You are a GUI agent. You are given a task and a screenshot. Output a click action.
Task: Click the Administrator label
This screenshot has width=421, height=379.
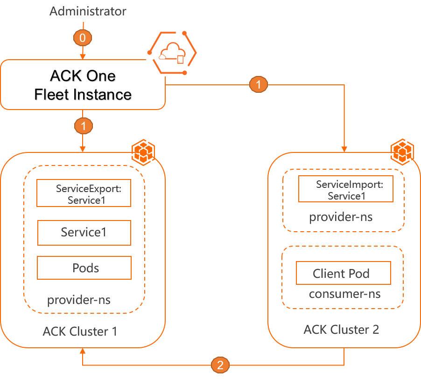88,11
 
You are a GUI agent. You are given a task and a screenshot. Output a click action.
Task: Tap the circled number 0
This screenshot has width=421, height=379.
83,38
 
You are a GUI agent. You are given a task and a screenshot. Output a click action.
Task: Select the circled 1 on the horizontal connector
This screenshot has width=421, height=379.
259,84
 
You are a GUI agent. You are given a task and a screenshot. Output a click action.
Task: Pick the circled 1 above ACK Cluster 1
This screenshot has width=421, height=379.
84,125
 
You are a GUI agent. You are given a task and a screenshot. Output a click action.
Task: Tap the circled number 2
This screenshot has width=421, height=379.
220,365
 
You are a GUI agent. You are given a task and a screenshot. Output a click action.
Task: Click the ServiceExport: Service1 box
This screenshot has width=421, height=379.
84,193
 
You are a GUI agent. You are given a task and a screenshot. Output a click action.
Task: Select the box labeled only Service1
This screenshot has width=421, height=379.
84,232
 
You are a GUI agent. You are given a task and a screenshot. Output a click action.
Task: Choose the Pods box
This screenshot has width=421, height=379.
84,268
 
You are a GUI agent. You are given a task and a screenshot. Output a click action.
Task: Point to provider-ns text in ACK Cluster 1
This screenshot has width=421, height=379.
79,299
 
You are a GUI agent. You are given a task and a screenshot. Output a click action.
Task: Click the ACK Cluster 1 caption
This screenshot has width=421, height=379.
80,331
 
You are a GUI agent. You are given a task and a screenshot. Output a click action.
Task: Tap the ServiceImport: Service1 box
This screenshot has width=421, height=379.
346,189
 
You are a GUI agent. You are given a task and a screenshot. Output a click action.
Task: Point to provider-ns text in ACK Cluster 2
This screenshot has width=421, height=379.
341,217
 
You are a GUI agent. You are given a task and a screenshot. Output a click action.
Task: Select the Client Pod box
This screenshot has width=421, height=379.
343,273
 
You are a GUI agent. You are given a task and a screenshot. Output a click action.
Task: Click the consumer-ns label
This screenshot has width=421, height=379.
344,294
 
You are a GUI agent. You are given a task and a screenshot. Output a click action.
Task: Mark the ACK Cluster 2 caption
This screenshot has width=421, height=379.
341,330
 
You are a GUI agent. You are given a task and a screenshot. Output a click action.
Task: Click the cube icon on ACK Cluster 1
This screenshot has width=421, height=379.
143,150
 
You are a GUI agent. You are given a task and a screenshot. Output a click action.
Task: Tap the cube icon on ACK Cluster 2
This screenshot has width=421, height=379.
401,150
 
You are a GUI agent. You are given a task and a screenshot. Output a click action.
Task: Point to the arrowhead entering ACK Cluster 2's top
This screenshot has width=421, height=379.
344,149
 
